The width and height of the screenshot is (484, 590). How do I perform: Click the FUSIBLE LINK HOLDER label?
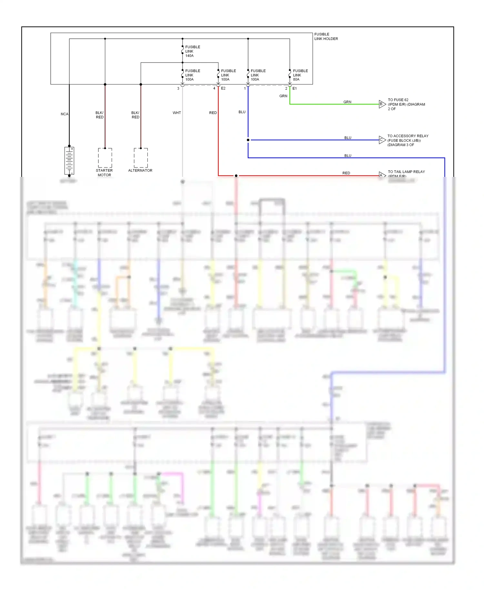point(326,36)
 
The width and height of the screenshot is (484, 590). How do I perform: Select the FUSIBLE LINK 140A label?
point(193,51)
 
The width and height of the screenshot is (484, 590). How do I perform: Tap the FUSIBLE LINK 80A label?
point(300,75)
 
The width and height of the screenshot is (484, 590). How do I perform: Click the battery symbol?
point(69,160)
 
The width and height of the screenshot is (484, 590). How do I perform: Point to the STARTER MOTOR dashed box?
point(105,158)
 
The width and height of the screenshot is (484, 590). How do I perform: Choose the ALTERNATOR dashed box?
point(141,158)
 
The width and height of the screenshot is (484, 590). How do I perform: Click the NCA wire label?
point(65,114)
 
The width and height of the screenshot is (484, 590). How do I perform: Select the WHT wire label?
point(176,113)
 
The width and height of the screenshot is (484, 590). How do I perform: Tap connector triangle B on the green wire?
point(382,104)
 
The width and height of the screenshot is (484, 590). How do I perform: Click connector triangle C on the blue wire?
point(382,140)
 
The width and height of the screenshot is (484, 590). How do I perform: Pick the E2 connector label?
point(223,88)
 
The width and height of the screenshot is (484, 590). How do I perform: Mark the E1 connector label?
point(295,88)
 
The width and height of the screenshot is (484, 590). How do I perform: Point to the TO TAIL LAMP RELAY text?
point(406,172)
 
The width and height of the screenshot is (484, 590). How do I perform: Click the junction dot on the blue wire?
point(248,140)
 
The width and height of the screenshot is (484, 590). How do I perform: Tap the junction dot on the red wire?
point(236,176)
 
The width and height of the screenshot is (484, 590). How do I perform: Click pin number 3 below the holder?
point(178,88)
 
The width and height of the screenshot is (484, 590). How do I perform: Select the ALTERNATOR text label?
point(140,170)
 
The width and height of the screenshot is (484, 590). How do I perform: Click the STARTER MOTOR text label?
point(104,173)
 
